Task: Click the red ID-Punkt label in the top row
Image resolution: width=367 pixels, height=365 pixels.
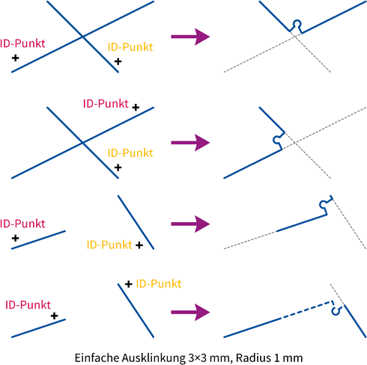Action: point(22,43)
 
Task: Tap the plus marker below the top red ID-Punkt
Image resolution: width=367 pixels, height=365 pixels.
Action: point(16,58)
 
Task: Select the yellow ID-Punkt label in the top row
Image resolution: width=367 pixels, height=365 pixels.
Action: point(130,47)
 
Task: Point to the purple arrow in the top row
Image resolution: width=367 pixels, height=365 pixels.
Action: point(190,37)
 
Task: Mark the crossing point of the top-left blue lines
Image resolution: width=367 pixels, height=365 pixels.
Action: point(82,37)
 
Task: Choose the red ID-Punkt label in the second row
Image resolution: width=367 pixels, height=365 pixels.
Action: point(106,103)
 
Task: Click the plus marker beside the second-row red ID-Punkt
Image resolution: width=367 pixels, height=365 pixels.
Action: point(136,108)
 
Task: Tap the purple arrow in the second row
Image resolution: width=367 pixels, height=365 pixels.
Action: point(190,143)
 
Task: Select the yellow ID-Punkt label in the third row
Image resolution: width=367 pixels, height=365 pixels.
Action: point(109,245)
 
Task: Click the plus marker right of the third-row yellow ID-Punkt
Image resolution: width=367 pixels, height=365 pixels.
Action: point(139,245)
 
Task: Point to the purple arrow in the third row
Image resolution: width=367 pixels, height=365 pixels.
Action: point(190,224)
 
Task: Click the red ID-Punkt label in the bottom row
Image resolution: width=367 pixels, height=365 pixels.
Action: point(28,305)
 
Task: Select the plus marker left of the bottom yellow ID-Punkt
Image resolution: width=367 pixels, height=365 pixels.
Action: point(129,284)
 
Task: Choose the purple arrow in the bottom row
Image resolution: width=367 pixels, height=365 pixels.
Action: point(190,312)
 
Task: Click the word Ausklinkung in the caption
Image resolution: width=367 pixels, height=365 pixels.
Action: point(154,358)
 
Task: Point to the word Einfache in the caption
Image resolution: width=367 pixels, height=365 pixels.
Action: point(97,358)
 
